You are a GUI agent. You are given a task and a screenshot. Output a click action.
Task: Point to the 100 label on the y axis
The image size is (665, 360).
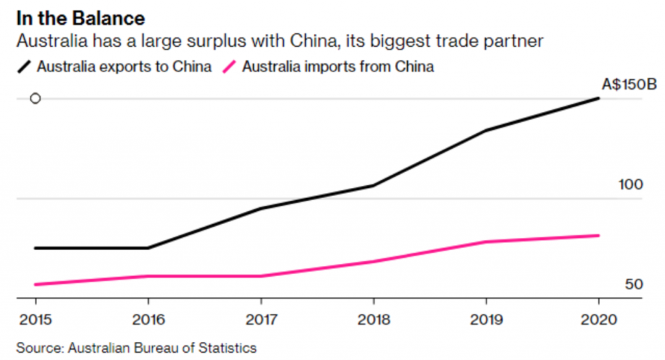pos(631,185)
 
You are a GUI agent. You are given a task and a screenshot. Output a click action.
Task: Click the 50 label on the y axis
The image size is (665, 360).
pos(634,285)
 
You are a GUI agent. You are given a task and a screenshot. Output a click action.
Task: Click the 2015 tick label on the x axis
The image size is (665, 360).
pos(35,320)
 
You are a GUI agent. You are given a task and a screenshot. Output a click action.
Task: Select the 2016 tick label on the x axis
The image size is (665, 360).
pos(148,320)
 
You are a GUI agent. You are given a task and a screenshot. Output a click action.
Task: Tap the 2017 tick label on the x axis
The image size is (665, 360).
pos(260,320)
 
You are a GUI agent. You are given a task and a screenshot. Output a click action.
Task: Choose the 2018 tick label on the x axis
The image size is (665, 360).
pos(373,320)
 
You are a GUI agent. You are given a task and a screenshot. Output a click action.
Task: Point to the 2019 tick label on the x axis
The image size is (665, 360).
pos(486,320)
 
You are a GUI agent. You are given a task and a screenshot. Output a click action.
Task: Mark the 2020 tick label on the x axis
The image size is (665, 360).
pos(598,320)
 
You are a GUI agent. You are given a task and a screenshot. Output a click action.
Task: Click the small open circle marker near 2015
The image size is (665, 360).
pos(36,99)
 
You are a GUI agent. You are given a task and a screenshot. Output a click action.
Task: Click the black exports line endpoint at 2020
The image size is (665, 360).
pos(598,99)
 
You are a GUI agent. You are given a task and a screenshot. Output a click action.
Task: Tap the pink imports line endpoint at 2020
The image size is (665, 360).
pos(598,235)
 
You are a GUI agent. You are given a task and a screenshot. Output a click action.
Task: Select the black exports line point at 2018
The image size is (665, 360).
pos(373,186)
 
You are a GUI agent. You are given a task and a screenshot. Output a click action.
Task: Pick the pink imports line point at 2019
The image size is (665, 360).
pos(486,242)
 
